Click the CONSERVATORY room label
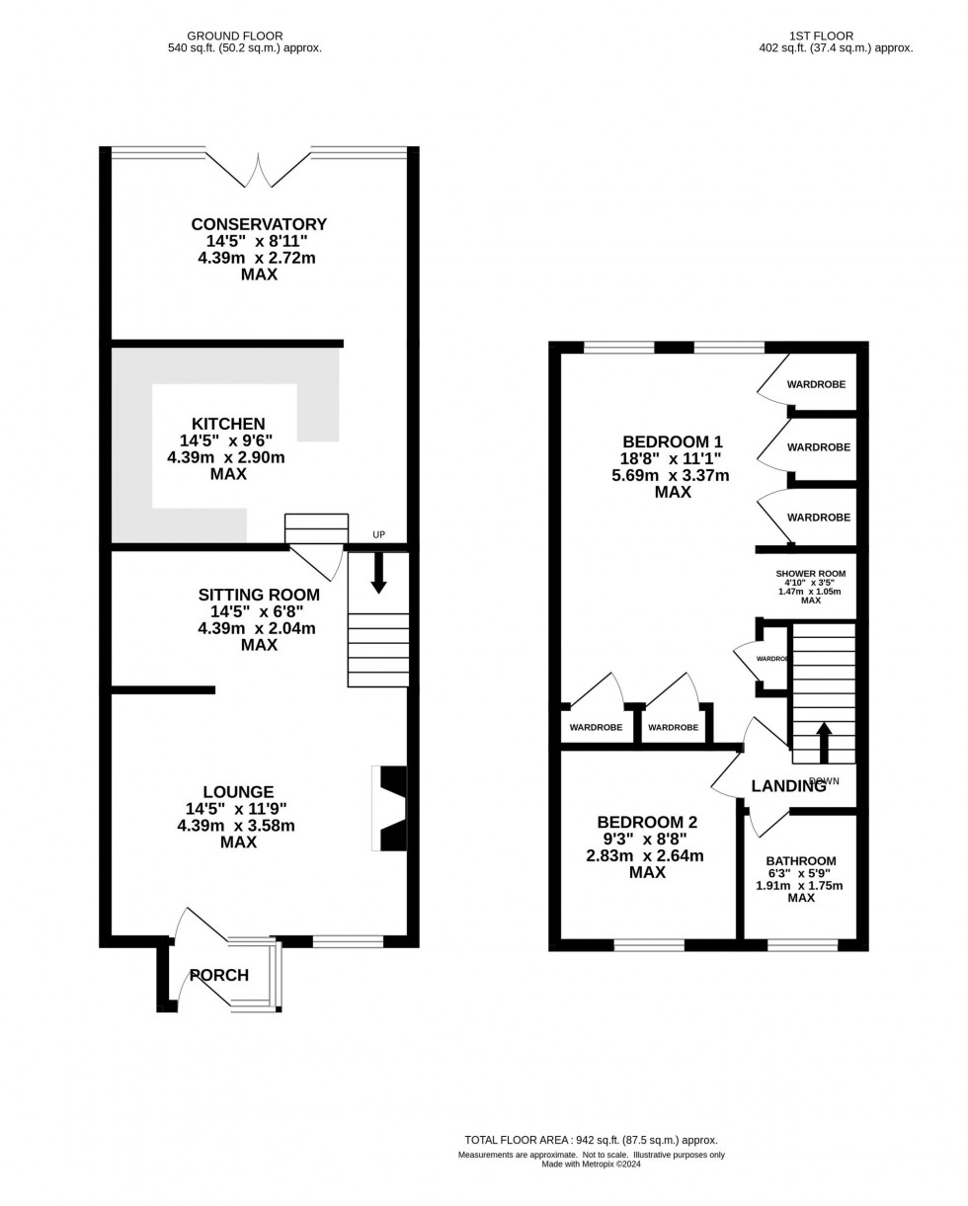(259, 224)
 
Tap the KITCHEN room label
(228, 424)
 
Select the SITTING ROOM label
(259, 595)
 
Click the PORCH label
(219, 976)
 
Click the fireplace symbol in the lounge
(390, 808)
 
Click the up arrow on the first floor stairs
(824, 742)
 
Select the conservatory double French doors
(259, 170)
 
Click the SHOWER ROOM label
(810, 573)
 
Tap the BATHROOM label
(801, 860)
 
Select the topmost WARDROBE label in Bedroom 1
(816, 384)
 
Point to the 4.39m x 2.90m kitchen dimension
(226, 457)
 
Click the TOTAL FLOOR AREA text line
(591, 1140)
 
